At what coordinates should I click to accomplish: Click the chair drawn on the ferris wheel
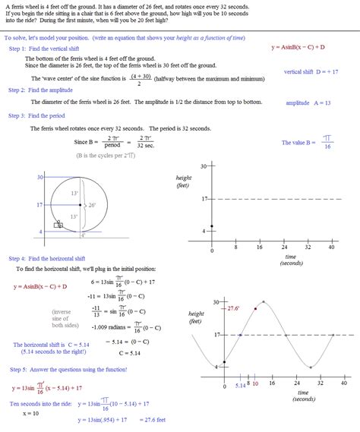pos(58,224)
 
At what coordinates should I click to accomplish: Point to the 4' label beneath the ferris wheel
pos(84,236)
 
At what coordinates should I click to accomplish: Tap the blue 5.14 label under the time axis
pos(239,384)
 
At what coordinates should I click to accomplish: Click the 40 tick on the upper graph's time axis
pos(331,248)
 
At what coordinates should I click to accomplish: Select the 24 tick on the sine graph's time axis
pos(284,384)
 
